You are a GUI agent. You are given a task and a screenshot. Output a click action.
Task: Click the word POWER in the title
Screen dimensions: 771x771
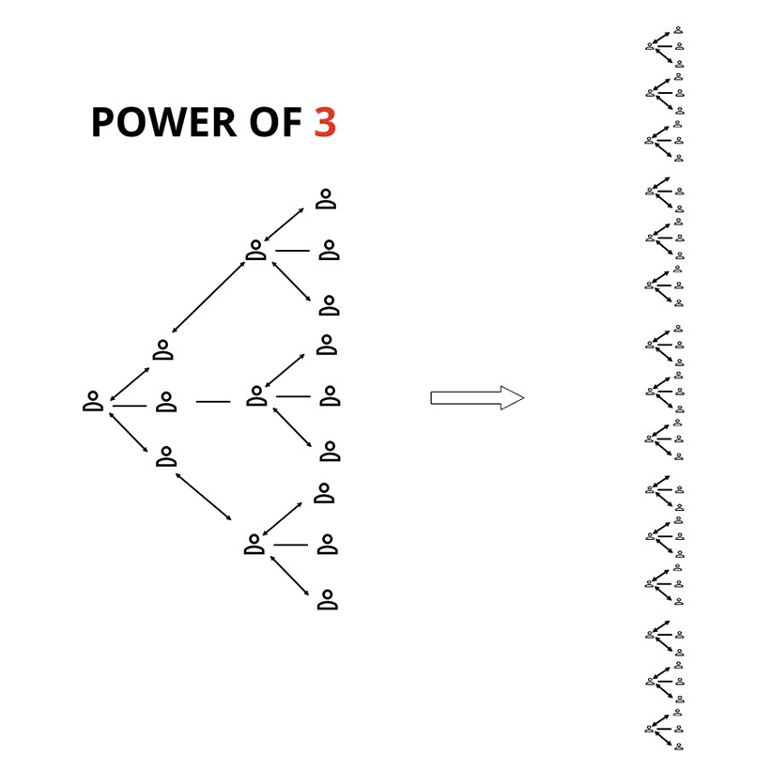coord(157,123)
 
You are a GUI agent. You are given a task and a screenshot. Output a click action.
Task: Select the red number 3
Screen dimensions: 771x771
coord(325,123)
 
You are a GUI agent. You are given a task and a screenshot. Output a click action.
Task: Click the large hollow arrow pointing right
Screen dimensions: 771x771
coord(477,397)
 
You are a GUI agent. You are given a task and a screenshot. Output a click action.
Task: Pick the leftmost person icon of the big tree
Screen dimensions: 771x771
coord(93,402)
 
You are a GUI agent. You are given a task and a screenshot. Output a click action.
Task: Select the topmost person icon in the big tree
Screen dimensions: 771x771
coord(325,198)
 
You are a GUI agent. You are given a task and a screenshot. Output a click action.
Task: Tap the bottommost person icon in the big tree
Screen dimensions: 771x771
coord(327,600)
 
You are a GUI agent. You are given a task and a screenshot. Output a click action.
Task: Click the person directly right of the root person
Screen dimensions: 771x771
coord(166,403)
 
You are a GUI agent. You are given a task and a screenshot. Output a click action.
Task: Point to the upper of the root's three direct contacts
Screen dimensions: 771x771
coord(162,350)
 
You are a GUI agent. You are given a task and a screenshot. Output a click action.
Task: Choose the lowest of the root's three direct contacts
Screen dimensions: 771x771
coord(166,456)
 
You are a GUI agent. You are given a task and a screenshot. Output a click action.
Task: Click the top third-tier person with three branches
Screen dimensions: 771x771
coord(255,250)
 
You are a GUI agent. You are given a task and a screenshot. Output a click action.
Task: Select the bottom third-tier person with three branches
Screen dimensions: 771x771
coord(254,545)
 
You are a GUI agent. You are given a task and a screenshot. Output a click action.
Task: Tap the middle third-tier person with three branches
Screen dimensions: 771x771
coord(256,396)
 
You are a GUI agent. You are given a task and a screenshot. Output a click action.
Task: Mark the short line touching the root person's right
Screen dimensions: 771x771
coord(130,406)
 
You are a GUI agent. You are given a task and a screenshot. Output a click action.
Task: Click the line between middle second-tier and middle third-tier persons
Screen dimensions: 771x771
coord(213,402)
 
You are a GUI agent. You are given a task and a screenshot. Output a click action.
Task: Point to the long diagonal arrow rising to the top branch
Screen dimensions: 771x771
coord(208,297)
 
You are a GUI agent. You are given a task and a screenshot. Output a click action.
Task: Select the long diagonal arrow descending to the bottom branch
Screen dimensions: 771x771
coord(203,496)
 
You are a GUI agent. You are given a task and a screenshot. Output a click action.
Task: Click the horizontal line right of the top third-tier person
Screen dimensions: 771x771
coord(292,251)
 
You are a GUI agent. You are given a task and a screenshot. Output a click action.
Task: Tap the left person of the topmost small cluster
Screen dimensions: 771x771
coord(650,45)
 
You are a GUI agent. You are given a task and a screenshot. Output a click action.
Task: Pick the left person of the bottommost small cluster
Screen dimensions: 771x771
coord(650,728)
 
